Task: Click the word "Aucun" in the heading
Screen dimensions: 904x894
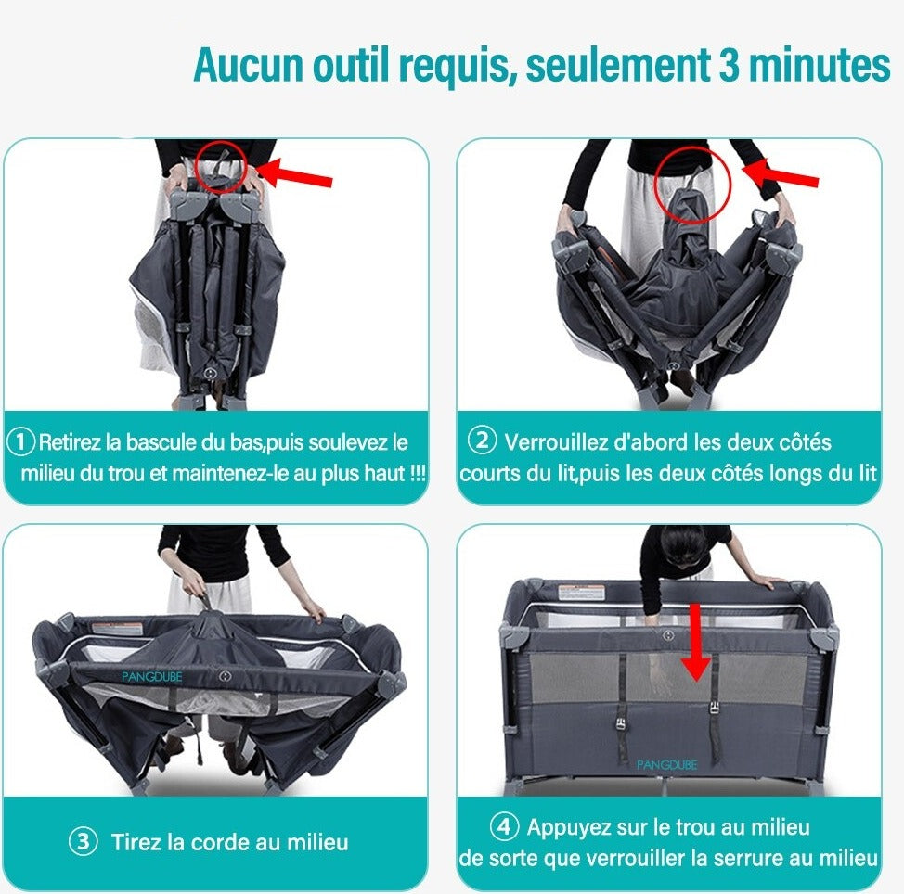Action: pyautogui.click(x=249, y=65)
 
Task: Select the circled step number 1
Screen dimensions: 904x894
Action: pyautogui.click(x=20, y=442)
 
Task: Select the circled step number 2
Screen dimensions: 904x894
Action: pyautogui.click(x=482, y=441)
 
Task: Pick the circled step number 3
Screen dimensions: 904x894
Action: pyautogui.click(x=83, y=841)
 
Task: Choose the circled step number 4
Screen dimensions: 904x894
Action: pyautogui.click(x=504, y=826)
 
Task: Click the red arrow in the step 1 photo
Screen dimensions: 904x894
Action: pyautogui.click(x=294, y=173)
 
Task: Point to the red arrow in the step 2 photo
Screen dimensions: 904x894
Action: pyautogui.click(x=780, y=173)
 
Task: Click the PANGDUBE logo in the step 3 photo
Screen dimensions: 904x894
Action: pyautogui.click(x=151, y=677)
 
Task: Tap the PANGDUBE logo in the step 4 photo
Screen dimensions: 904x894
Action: pyautogui.click(x=666, y=764)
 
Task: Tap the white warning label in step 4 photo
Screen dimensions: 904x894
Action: pyautogui.click(x=582, y=593)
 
